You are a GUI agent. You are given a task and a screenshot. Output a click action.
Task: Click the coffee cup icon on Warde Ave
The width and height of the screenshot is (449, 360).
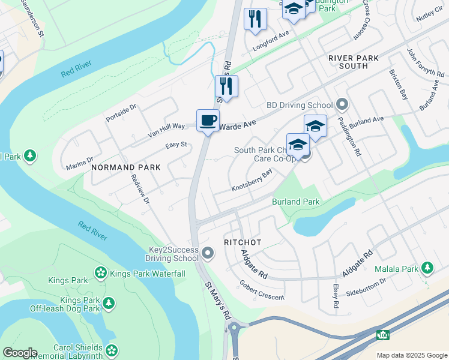pyautogui.click(x=208, y=121)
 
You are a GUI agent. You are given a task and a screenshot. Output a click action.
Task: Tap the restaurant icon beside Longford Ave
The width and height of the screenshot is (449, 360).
pyautogui.click(x=255, y=19)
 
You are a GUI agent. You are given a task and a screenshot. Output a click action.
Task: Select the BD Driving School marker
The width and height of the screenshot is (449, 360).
pyautogui.click(x=342, y=105)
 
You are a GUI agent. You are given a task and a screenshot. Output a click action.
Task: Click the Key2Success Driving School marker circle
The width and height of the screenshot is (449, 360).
pyautogui.click(x=208, y=253)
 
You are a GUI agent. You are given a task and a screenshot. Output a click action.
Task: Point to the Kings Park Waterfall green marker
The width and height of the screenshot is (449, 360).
pyautogui.click(x=100, y=274)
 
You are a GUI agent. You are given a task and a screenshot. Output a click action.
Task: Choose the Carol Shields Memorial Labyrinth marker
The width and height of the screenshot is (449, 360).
pyautogui.click(x=111, y=350)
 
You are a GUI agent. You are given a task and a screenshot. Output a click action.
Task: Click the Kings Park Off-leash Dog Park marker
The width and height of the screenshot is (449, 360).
pyautogui.click(x=109, y=304)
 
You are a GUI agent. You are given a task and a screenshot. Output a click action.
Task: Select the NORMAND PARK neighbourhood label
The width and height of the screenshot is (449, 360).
pyautogui.click(x=125, y=168)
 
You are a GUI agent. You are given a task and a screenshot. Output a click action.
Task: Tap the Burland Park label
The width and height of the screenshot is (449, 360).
pyautogui.click(x=295, y=202)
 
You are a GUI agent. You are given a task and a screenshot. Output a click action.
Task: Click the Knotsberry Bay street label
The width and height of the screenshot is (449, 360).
pyautogui.click(x=252, y=180)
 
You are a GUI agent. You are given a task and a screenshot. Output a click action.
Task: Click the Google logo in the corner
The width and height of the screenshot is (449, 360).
pyautogui.click(x=19, y=353)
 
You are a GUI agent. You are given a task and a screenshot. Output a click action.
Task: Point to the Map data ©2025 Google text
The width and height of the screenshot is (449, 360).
pyautogui.click(x=411, y=355)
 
